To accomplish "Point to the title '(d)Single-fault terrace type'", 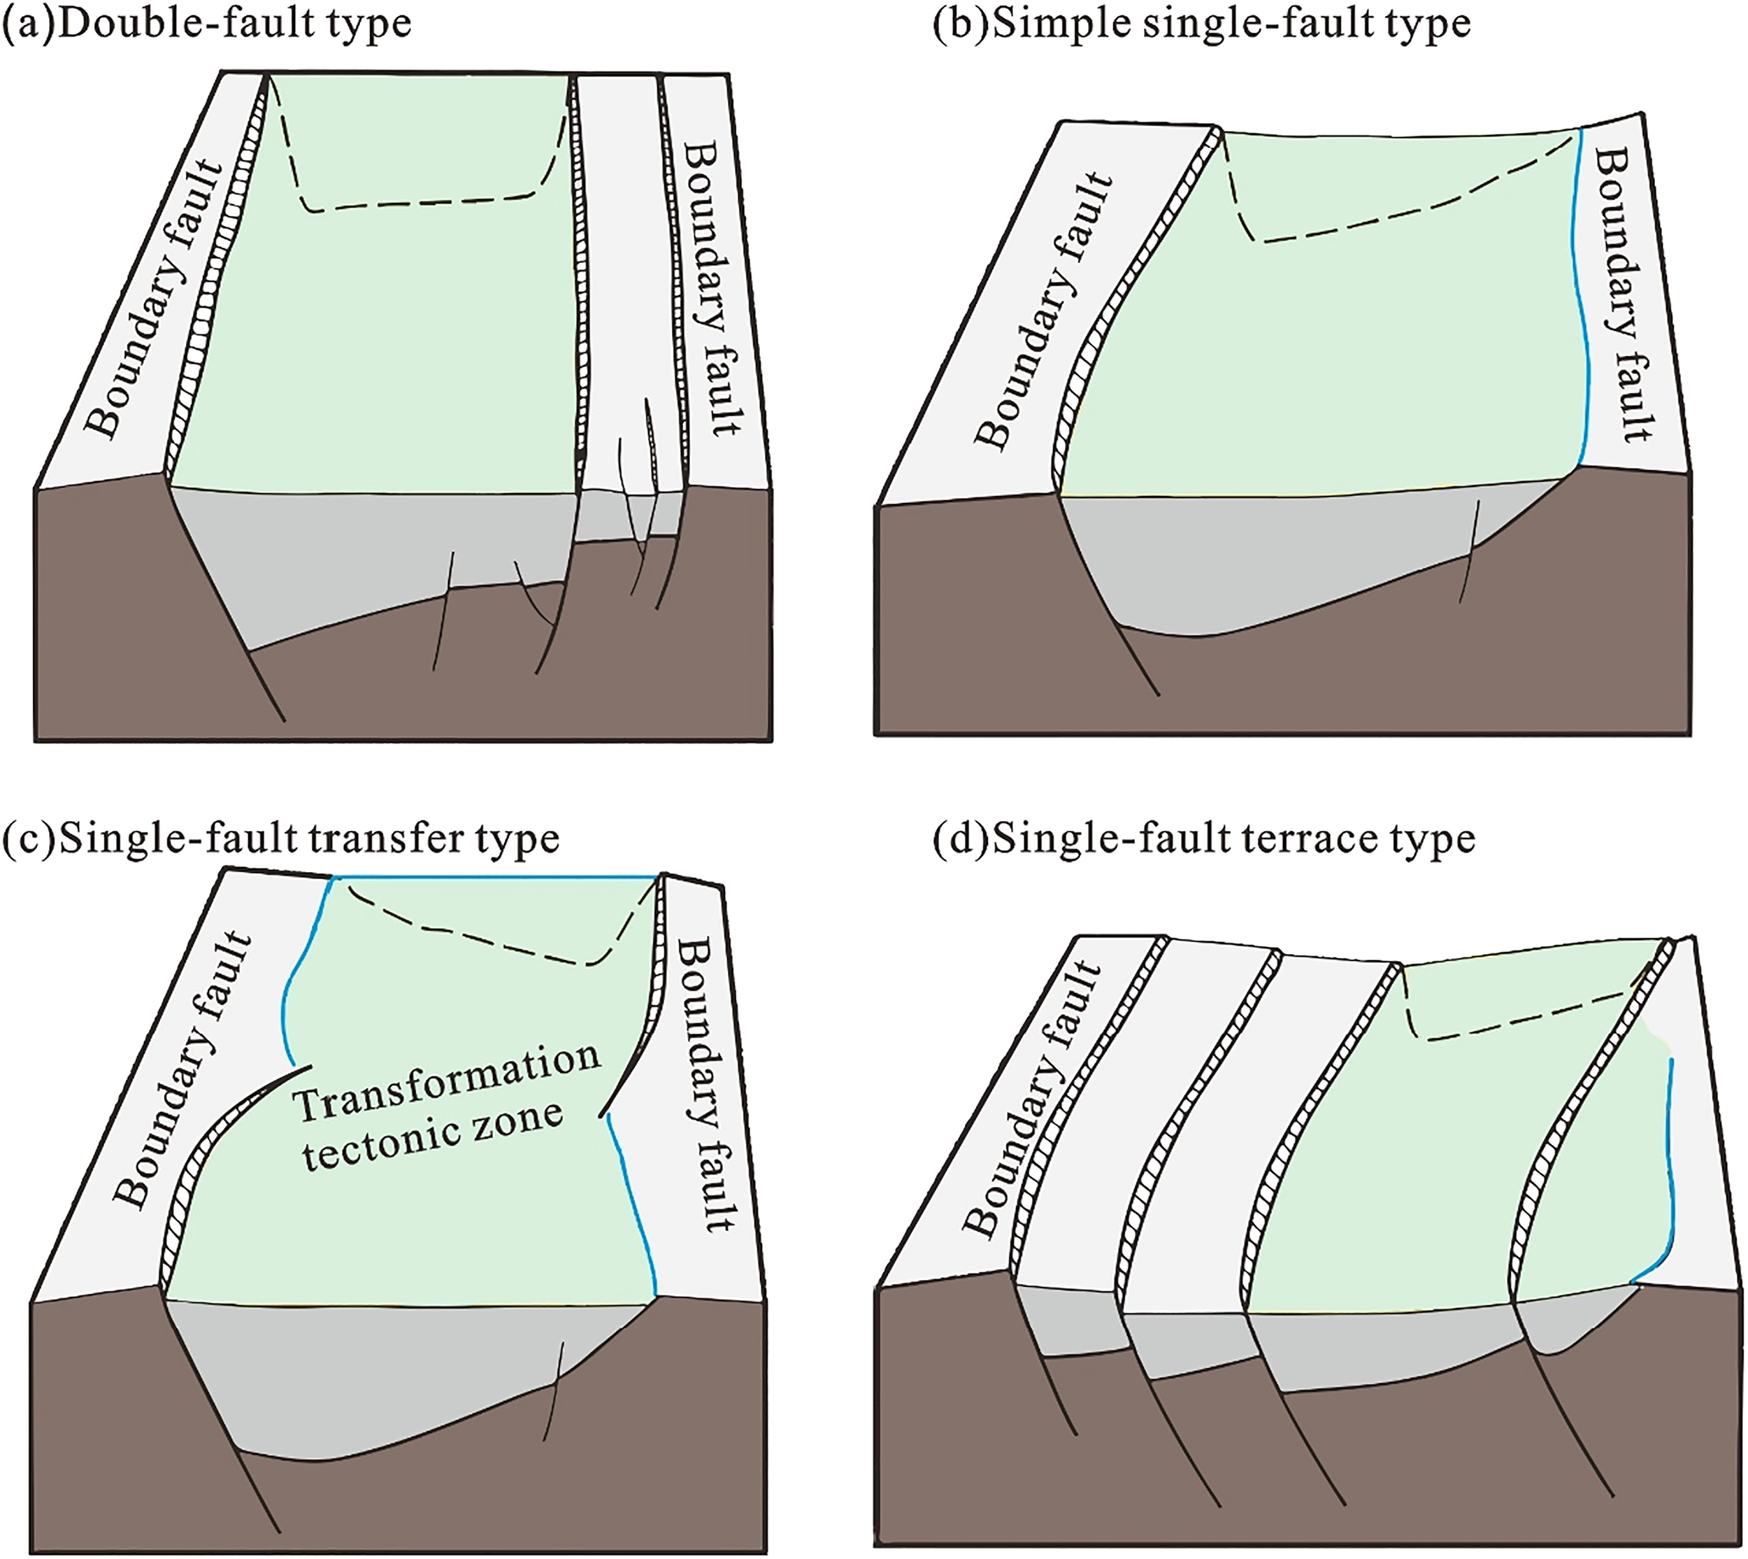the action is coord(1204,839).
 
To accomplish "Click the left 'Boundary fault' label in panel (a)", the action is coord(156,298).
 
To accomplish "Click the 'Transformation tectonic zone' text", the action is coord(445,1106).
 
